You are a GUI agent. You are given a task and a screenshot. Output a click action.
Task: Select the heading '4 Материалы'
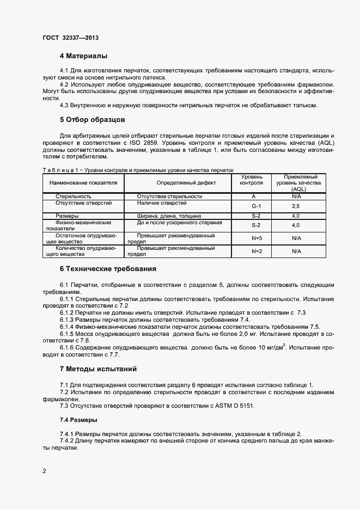click(83, 56)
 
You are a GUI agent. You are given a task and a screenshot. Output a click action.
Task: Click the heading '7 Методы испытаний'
click(98, 369)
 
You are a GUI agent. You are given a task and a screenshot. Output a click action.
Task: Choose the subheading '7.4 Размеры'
click(78, 420)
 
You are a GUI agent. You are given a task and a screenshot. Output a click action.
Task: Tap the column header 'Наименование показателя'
click(83, 183)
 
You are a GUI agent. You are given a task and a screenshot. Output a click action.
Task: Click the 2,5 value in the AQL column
click(296, 206)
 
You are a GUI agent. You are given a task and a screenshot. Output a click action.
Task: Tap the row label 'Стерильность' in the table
click(74, 196)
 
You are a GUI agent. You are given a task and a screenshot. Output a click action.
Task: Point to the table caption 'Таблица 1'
click(60, 170)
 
